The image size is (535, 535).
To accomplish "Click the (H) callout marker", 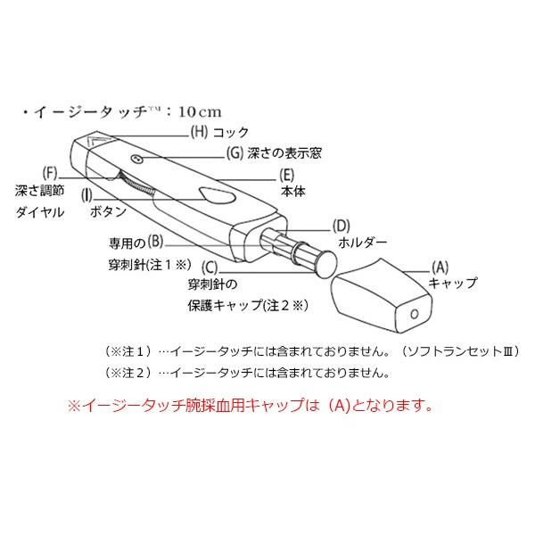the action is coord(199,131).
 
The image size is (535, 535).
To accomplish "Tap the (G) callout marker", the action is coord(235,152).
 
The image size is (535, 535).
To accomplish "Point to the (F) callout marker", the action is coord(50,171).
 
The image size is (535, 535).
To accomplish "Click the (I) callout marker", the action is coord(87,193).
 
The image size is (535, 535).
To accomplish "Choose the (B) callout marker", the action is coord(155,239).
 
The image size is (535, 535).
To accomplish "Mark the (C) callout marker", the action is coord(210,265).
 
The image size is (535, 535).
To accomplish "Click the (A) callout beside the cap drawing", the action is coord(439,266).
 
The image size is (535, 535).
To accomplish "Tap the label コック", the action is coord(231,132).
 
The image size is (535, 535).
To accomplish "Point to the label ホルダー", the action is coord(362,242).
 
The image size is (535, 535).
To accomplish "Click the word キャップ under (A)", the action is coord(452,284).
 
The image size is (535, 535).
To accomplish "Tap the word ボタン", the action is coord(108,214).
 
